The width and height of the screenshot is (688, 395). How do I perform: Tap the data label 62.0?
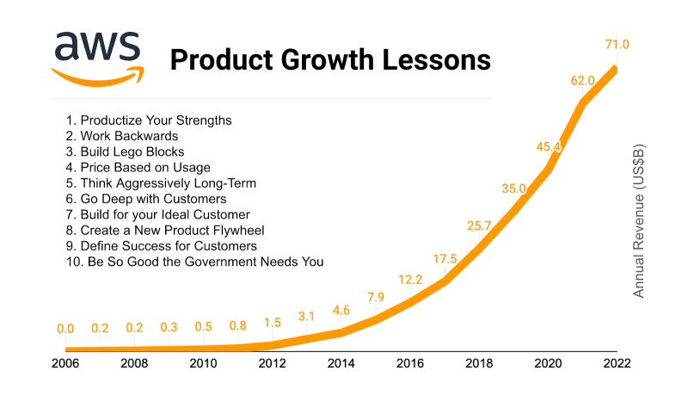582,81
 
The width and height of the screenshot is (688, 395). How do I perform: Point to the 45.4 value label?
548,147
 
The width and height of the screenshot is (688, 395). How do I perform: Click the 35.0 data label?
514,188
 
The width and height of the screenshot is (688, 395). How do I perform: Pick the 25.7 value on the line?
479,226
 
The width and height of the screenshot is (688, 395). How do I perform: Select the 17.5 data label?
445,258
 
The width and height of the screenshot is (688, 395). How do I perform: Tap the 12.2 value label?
409,279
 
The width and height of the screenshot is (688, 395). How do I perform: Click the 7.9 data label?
375,298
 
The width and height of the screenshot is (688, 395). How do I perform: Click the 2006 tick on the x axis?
65,363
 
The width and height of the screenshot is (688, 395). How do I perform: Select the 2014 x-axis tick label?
341,363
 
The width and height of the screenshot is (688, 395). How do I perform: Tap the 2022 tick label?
616,363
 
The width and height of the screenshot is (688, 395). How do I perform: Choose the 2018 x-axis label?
478,363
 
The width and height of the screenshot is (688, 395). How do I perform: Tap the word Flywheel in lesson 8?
263,230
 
